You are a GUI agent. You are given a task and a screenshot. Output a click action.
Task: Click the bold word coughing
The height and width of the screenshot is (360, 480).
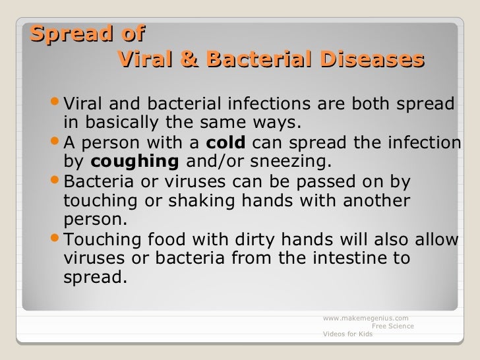[135, 162]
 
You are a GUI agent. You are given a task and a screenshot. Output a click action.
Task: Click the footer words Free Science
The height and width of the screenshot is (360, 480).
[393, 326]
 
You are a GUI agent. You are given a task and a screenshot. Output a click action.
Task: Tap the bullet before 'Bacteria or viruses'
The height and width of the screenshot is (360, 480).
[56, 181]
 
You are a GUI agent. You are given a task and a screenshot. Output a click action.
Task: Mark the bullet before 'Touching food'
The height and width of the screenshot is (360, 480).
[56, 239]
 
